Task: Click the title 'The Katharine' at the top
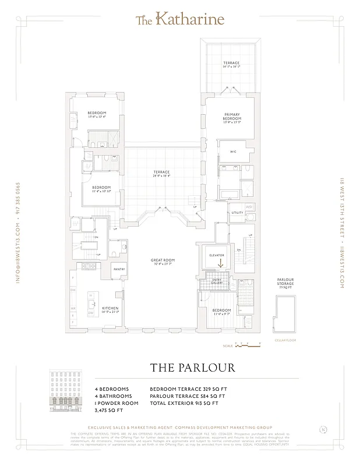[179, 20]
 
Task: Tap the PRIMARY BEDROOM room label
[232, 117]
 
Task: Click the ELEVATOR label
[217, 255]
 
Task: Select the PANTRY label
[119, 270]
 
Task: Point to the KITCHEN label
[111, 309]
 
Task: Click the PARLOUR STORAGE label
[285, 283]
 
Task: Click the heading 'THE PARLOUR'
[192, 368]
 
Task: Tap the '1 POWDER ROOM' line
[117, 403]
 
